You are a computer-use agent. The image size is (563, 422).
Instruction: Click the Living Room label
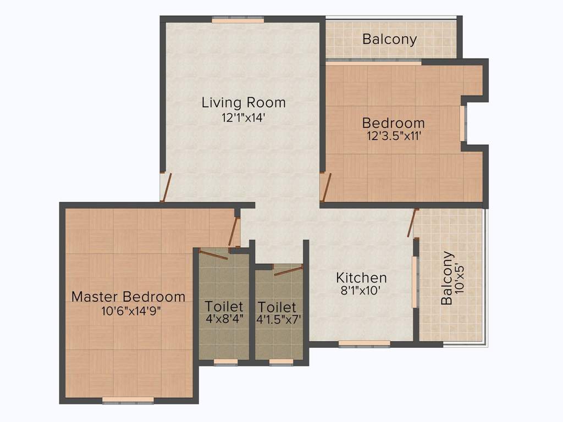244,103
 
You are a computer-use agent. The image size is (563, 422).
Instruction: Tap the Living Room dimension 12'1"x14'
243,118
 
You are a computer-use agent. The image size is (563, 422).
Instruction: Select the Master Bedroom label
128,297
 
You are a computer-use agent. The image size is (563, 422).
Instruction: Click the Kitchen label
361,277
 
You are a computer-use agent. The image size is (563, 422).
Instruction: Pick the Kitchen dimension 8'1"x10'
360,290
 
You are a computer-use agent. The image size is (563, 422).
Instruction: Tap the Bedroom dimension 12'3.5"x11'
394,136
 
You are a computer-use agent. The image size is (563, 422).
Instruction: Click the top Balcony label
389,39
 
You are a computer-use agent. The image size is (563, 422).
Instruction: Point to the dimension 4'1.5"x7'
279,319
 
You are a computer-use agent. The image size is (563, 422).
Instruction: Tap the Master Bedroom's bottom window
128,400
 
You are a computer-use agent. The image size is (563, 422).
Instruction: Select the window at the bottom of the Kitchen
365,343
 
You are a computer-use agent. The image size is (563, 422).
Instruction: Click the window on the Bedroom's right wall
463,123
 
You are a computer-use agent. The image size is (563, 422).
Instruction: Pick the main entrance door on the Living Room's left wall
166,187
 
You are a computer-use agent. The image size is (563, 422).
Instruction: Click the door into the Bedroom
325,187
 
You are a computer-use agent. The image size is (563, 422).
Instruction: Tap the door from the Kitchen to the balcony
412,223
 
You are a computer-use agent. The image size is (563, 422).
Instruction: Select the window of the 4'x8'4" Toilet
226,362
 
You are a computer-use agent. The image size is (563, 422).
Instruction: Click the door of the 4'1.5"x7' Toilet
288,270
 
